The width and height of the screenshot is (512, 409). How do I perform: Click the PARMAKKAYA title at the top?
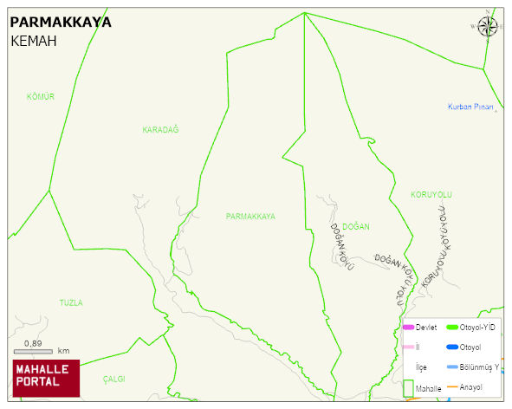[x=61, y=23]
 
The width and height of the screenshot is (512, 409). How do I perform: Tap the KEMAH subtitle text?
[x=34, y=41]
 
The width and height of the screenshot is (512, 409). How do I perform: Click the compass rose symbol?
[x=488, y=25]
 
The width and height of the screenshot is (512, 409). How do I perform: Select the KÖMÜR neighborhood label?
[x=41, y=97]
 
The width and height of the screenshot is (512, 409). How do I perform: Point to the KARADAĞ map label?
[x=160, y=130]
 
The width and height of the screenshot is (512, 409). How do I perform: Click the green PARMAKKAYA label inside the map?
[x=250, y=217]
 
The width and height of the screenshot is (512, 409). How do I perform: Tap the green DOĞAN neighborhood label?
[x=355, y=227]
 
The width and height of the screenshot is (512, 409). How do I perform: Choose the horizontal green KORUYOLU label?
[x=431, y=195]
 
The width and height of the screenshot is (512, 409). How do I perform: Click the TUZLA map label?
[x=71, y=303]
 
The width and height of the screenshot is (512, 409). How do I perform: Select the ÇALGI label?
[x=114, y=380]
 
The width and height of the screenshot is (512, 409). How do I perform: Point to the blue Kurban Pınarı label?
[x=470, y=107]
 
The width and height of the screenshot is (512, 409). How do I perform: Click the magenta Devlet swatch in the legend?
[x=409, y=328]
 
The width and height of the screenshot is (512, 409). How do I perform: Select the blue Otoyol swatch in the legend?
[x=452, y=347]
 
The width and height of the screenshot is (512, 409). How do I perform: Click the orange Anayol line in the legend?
[x=451, y=387]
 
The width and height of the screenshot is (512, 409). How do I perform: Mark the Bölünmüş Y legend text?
[x=479, y=367]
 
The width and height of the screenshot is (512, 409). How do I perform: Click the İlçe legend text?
[x=421, y=367]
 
